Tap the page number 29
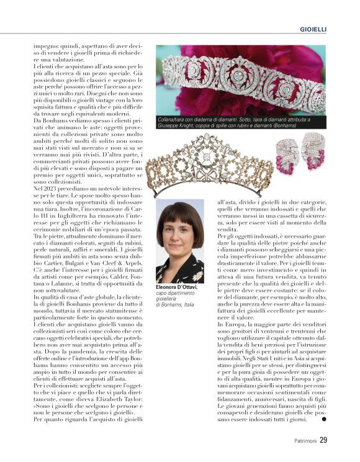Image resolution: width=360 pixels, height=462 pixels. pos(323,442)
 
